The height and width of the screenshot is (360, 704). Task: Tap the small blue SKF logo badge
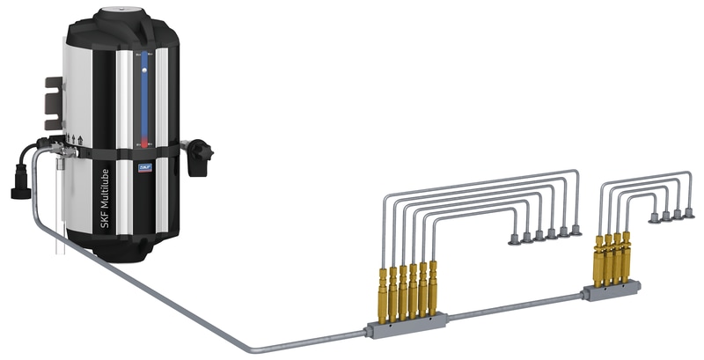pyautogui.click(x=142, y=163)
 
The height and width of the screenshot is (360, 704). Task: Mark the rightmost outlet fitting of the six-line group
pyautogui.click(x=576, y=230)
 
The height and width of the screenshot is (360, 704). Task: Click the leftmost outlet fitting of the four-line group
pyautogui.click(x=654, y=217)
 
